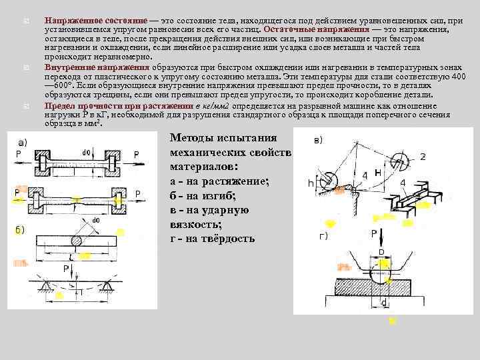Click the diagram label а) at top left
(x=22, y=143)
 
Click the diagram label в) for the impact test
(x=319, y=141)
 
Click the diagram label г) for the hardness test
(x=322, y=236)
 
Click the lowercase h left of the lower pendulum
(x=311, y=182)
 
